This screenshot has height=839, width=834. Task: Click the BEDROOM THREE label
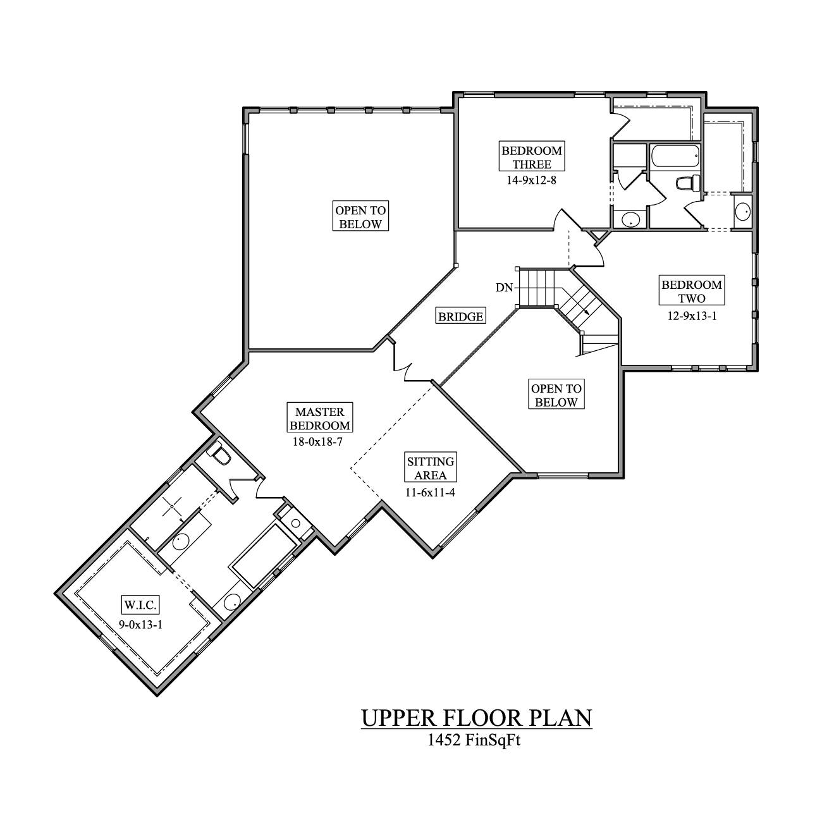(x=531, y=157)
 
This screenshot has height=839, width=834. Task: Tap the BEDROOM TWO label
(x=692, y=291)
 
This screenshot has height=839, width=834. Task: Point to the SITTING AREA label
(x=431, y=468)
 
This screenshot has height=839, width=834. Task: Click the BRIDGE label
(x=461, y=316)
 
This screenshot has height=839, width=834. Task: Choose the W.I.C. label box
(x=139, y=605)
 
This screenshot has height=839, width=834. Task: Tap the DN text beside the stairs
(x=504, y=288)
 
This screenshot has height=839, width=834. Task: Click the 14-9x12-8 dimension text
(x=531, y=180)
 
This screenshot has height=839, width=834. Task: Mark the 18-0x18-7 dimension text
(x=317, y=442)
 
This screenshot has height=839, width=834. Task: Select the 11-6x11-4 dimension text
(x=430, y=492)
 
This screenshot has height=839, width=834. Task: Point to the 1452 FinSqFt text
(x=474, y=740)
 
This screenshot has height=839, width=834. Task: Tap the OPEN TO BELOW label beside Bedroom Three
(x=360, y=217)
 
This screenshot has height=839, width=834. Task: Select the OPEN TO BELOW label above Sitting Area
(x=556, y=396)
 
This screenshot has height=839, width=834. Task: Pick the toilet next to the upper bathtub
(x=685, y=183)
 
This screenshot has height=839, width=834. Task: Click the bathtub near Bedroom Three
(x=674, y=155)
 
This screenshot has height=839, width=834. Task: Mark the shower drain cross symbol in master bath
(x=171, y=506)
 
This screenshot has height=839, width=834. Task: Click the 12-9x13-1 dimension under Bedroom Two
(x=692, y=315)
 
